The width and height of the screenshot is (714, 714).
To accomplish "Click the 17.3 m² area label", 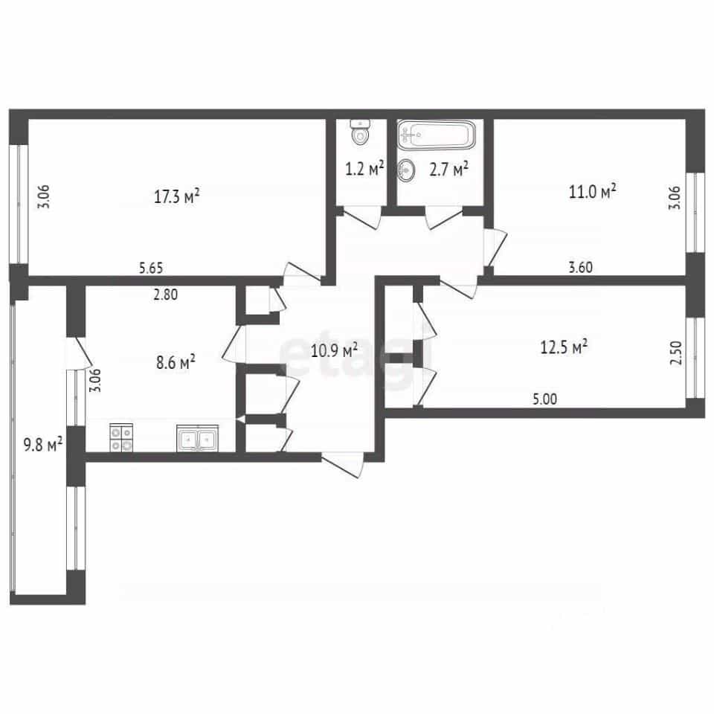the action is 177,196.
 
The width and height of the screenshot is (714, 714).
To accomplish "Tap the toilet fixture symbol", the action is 360,132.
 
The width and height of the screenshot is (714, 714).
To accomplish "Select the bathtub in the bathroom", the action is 437,135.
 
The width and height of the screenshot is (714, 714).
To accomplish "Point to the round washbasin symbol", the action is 406,171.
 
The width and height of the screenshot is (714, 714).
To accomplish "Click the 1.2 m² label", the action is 364,169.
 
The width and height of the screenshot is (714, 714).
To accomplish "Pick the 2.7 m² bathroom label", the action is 449,170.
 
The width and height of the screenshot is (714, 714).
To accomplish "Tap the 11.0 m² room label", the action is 593,191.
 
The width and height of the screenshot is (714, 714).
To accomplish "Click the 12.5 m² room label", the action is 564,347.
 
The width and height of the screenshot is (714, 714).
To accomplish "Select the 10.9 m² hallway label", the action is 334,350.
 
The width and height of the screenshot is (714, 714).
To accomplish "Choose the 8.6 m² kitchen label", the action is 176,363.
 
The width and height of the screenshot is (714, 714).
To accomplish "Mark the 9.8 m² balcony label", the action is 43,444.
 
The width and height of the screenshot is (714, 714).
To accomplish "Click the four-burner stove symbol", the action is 121,438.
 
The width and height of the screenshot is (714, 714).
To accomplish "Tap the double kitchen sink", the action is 198,438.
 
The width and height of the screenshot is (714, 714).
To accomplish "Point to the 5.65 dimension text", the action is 151,268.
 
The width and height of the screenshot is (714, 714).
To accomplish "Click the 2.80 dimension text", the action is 165,295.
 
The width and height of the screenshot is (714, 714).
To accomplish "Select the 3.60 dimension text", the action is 581,267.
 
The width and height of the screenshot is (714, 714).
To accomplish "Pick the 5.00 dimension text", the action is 544,399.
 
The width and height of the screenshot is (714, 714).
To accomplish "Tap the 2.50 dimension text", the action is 677,353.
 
